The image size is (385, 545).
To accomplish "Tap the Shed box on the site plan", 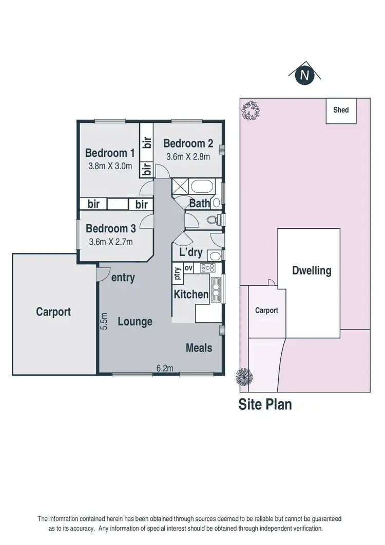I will (x=341, y=110).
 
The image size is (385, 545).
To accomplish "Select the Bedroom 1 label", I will (x=109, y=153).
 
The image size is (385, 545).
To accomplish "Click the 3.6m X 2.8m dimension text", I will (x=187, y=157).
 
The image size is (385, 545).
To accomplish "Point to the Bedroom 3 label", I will (x=110, y=228).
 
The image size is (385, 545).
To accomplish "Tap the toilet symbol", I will (x=213, y=221).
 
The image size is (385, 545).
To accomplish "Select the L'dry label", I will (x=190, y=253).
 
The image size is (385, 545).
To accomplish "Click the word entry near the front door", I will (x=123, y=278).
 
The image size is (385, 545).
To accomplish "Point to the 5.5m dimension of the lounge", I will (x=104, y=321).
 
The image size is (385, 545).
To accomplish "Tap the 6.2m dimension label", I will (x=164, y=368).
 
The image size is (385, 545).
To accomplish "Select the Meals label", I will (x=199, y=348).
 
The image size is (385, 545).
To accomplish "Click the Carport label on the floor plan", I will (x=53, y=312).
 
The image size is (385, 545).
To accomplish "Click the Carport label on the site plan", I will (x=266, y=311).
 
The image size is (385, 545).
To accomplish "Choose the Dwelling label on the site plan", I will (x=312, y=270).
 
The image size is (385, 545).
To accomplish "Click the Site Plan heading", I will (x=265, y=404).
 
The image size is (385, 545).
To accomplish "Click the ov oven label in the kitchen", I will (x=188, y=267).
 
